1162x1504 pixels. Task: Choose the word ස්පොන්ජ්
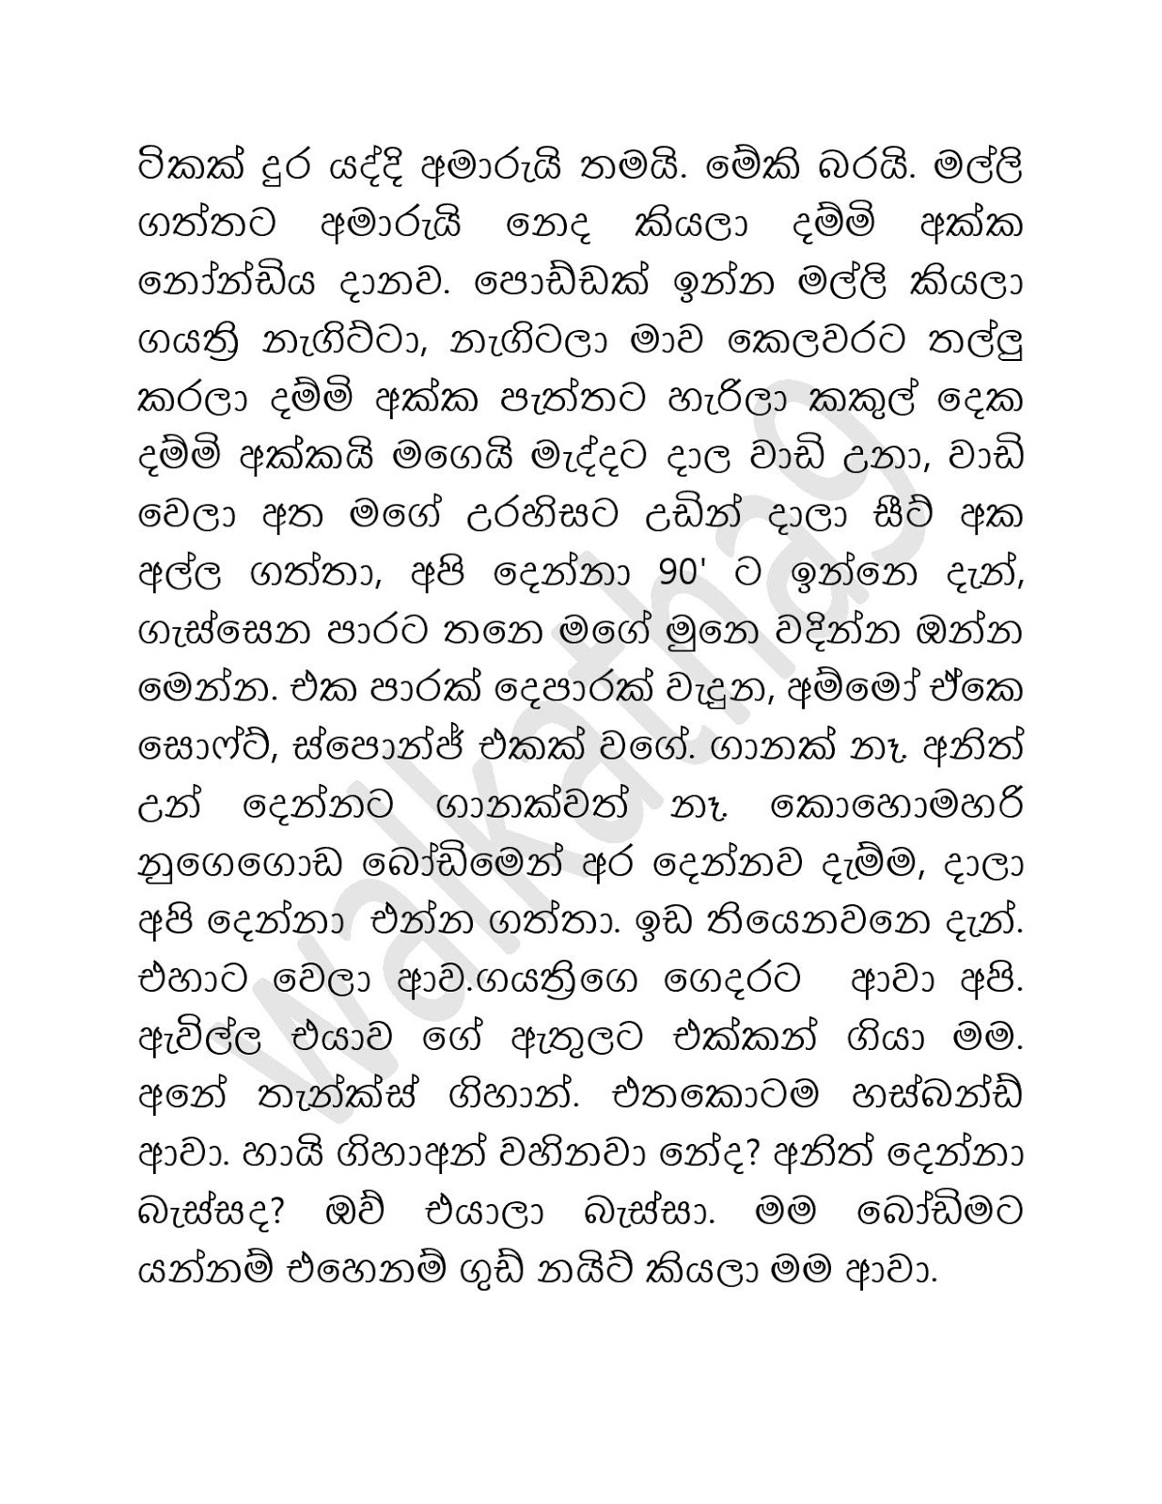click(x=369, y=748)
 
